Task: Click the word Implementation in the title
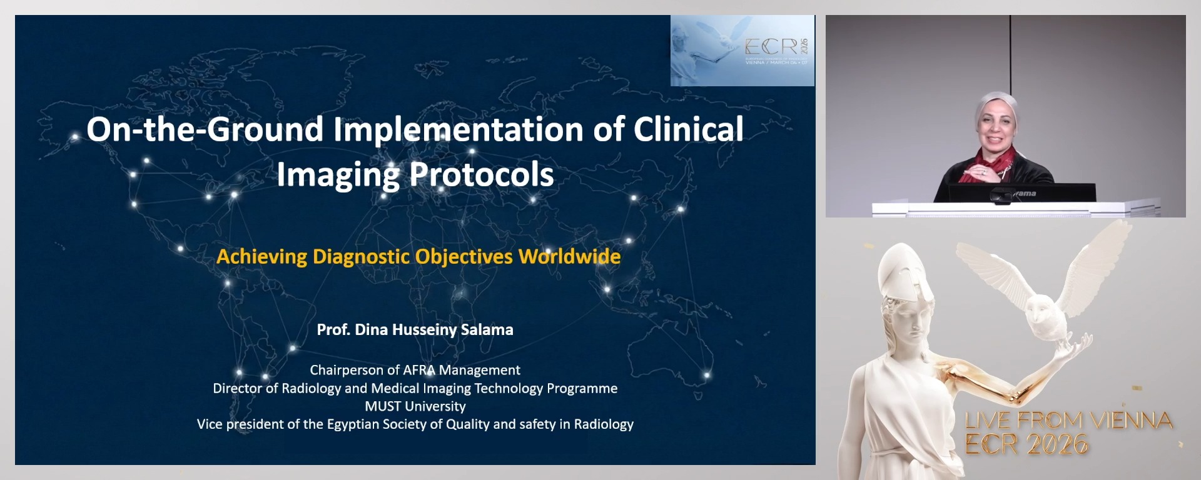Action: (x=459, y=129)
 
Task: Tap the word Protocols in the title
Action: (x=482, y=174)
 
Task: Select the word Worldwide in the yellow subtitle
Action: (x=569, y=257)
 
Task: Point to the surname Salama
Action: (x=487, y=329)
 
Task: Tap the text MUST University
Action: (x=415, y=406)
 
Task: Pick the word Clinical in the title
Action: (x=688, y=129)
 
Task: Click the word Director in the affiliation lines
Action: (x=236, y=388)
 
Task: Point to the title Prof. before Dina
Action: (x=333, y=329)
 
